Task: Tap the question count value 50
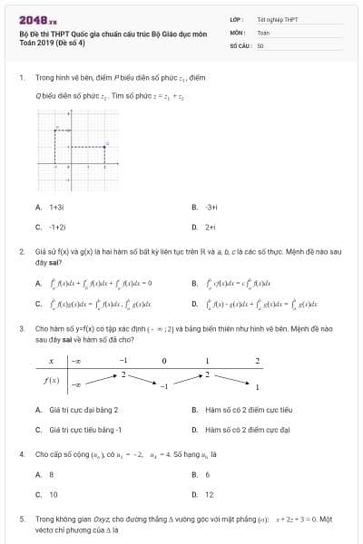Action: pyautogui.click(x=260, y=44)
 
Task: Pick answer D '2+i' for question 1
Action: pyautogui.click(x=210, y=227)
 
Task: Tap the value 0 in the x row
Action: pyautogui.click(x=164, y=361)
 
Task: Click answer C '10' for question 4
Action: pyautogui.click(x=53, y=494)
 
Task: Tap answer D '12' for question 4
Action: pyautogui.click(x=210, y=494)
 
